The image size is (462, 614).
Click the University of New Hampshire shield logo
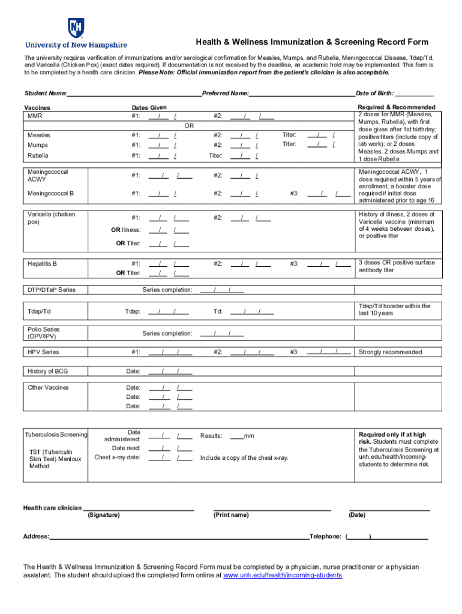click(76, 28)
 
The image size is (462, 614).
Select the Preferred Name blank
click(301, 94)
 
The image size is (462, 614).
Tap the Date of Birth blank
click(415, 94)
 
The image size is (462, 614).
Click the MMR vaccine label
click(35, 116)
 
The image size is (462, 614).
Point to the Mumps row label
click(37, 145)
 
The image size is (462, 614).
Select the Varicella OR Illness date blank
click(169, 230)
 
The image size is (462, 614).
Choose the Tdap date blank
click(169, 312)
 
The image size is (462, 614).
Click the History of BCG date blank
click(169, 372)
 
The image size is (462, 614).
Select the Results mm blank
click(236, 436)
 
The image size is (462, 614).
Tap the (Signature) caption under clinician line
click(104, 515)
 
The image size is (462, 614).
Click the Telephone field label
click(325, 537)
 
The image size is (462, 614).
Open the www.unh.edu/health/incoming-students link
click(283, 576)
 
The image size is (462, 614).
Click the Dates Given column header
click(149, 107)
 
